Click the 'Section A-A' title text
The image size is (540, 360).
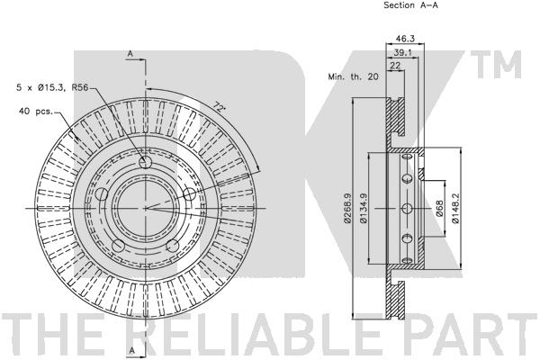click(411, 5)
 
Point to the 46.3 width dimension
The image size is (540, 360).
click(405, 39)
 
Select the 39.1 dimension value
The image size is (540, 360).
click(402, 53)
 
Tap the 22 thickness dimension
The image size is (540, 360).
click(396, 66)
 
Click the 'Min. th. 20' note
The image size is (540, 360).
click(354, 76)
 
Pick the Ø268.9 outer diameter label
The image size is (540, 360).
click(347, 208)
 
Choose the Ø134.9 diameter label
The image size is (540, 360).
click(363, 208)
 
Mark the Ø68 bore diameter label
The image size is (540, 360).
click(439, 208)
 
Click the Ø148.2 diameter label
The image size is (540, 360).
click(455, 208)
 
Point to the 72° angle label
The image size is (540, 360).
click(220, 106)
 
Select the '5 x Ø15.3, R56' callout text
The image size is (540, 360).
click(52, 88)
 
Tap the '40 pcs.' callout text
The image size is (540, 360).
click(36, 112)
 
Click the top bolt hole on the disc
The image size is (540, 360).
click(145, 162)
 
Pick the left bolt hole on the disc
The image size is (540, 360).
click(102, 194)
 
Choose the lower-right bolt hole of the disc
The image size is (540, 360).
click(173, 246)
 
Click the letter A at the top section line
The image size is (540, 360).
click(130, 54)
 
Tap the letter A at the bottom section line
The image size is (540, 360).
click(131, 350)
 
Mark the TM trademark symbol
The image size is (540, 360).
click(496, 65)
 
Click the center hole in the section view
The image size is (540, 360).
click(407, 208)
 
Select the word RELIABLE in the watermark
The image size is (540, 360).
click(254, 333)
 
